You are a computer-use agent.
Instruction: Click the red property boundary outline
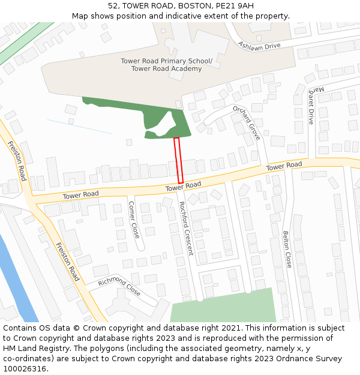178,160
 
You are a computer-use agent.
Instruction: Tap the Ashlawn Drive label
259,46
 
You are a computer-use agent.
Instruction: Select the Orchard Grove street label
247,122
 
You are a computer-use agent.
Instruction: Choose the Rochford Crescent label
186,228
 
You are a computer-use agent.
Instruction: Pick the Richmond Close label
119,287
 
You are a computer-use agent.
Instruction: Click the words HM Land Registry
32,348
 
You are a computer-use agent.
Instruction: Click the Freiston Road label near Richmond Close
67,262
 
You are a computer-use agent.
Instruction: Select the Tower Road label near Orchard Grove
284,166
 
